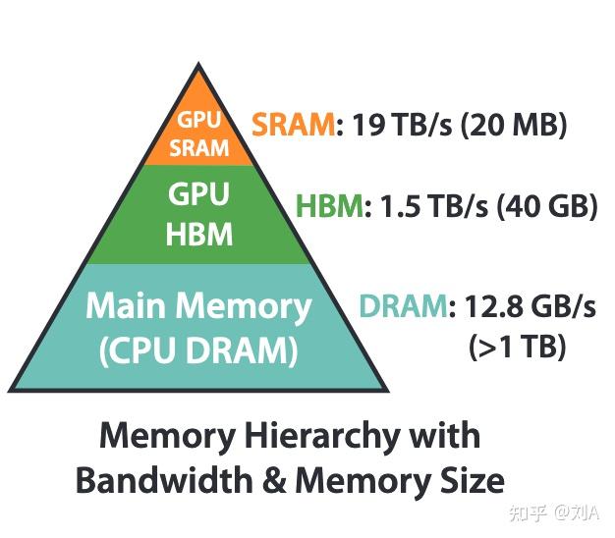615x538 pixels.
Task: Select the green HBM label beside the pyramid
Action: tap(329, 207)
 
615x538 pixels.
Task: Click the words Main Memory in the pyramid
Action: tap(198, 306)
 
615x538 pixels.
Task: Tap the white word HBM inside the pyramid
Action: tap(200, 235)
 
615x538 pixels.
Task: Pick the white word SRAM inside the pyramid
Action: tap(199, 149)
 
